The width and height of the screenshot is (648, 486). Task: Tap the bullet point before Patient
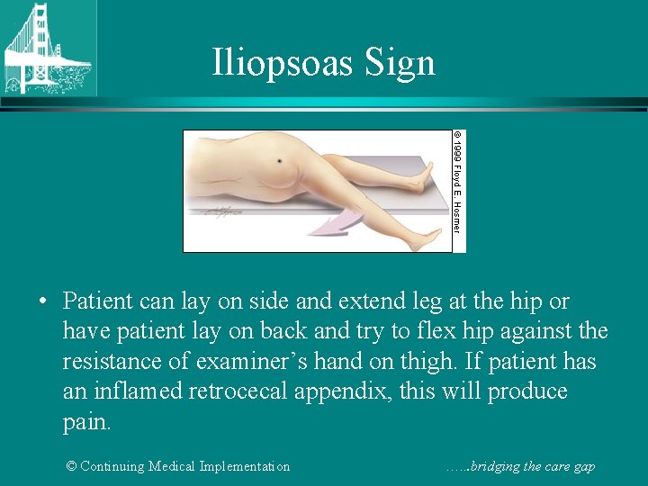pyautogui.click(x=43, y=301)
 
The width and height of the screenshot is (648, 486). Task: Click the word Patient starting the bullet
pyautogui.click(x=100, y=301)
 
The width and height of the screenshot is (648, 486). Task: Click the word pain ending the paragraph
pyautogui.click(x=87, y=422)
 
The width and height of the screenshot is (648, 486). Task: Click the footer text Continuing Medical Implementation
pyautogui.click(x=178, y=466)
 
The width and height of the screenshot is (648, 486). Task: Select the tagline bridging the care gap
pyautogui.click(x=521, y=466)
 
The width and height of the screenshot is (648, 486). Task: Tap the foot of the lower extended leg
pyautogui.click(x=423, y=235)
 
